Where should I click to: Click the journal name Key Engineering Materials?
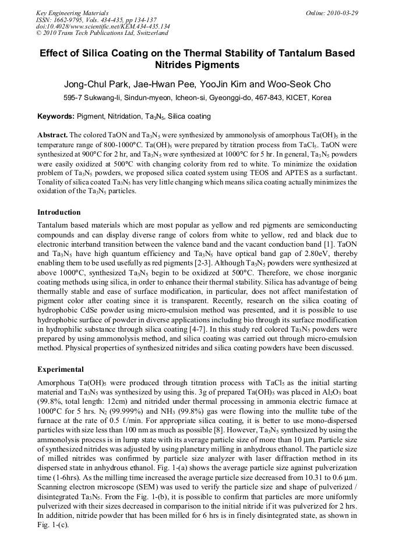72,13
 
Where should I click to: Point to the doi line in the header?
103,27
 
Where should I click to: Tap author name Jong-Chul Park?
97,84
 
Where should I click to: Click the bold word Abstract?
52,135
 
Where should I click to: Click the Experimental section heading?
61,369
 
